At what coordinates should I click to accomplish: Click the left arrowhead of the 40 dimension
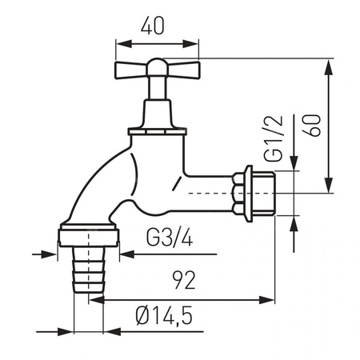tap(121, 44)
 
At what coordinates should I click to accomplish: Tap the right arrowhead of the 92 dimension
tap(272, 301)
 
